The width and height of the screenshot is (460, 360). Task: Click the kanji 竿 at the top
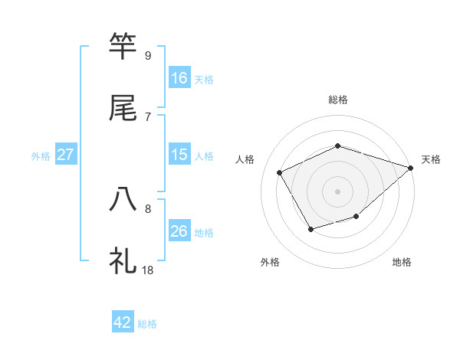click(x=123, y=46)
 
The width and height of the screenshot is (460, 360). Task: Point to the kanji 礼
click(x=123, y=260)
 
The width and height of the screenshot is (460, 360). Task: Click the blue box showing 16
click(x=179, y=78)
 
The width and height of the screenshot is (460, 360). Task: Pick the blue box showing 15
click(x=179, y=155)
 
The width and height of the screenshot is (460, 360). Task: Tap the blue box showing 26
click(x=179, y=231)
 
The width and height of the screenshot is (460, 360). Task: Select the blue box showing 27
click(x=66, y=155)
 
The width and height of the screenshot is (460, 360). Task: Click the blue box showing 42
click(x=123, y=322)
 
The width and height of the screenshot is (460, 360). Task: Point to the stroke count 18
click(x=147, y=270)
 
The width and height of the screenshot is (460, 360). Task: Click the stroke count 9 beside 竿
click(x=147, y=55)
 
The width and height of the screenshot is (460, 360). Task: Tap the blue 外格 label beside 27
click(x=41, y=155)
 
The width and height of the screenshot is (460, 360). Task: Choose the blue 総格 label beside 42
click(x=147, y=324)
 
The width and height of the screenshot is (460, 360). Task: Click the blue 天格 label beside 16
click(x=204, y=79)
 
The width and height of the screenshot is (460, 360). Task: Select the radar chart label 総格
click(x=337, y=100)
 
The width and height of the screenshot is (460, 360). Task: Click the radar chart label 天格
click(x=431, y=159)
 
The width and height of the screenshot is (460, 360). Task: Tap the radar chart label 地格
click(x=402, y=262)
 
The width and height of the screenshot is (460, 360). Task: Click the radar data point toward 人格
click(x=279, y=172)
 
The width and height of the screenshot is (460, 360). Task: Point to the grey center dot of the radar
click(x=337, y=191)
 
